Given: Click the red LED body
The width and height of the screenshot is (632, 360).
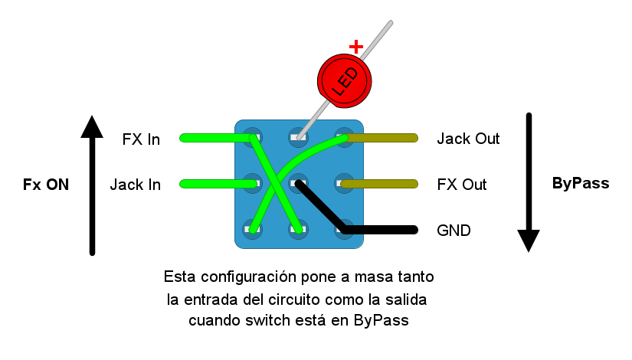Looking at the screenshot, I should [x=345, y=78].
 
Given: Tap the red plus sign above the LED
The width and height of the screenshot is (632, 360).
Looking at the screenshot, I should [x=355, y=46].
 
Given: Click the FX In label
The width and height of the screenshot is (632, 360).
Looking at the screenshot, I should [x=141, y=139].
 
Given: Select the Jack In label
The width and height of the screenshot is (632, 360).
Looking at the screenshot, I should [x=135, y=185].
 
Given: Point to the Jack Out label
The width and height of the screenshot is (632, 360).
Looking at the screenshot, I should [x=468, y=139].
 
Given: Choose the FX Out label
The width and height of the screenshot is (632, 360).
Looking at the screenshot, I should [x=462, y=185].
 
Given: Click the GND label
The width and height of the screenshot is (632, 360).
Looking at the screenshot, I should [x=454, y=230].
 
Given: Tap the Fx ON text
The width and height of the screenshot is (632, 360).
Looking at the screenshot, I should [x=46, y=185].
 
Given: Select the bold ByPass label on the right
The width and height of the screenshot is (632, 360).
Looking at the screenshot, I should [x=580, y=184].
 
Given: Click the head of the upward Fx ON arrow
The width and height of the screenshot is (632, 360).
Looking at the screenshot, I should [x=92, y=127].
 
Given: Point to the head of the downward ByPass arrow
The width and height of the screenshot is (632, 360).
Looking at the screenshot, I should [x=529, y=241].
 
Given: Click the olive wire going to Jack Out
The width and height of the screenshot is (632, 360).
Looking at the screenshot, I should [x=383, y=138].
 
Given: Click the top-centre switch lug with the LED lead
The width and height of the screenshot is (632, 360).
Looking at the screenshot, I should [x=298, y=138].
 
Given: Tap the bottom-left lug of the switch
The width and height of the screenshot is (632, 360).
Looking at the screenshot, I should [x=252, y=228].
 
